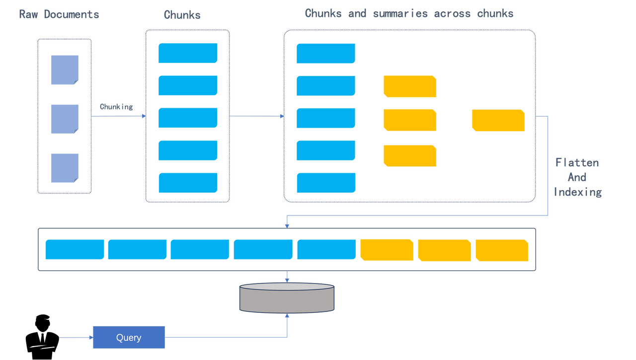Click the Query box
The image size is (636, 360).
click(129, 338)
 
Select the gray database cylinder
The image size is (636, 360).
click(287, 298)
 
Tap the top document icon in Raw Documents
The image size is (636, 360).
click(65, 70)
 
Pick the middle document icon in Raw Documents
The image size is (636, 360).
click(65, 119)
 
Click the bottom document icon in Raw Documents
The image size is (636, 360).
click(65, 168)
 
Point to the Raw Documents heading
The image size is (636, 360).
click(59, 14)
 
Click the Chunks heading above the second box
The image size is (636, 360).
click(182, 15)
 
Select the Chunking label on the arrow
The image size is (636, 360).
click(116, 107)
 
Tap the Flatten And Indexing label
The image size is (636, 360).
click(578, 177)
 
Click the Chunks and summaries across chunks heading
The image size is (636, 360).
click(409, 14)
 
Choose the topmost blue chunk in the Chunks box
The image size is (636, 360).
click(188, 53)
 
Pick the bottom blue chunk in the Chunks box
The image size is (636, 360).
click(188, 183)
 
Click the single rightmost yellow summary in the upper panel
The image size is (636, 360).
click(498, 121)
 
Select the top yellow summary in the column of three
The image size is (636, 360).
click(410, 86)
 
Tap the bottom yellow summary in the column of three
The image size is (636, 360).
click(410, 155)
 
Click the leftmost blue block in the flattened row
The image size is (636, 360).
click(75, 250)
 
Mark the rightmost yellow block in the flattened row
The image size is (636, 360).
click(502, 250)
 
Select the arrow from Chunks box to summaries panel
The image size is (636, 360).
click(256, 116)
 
